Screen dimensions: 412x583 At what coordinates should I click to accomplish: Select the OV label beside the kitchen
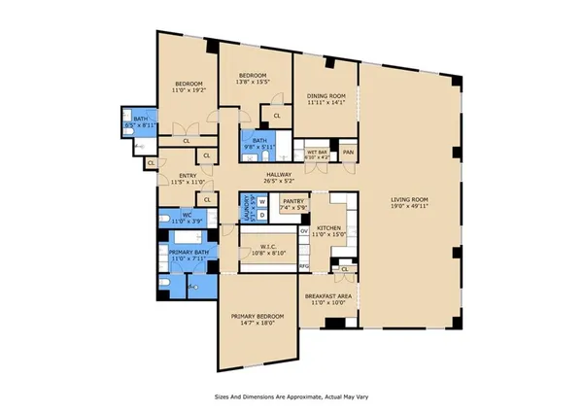(303, 231)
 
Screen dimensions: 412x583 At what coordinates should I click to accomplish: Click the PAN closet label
(346, 152)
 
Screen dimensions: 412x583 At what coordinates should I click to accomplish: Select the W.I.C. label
(266, 245)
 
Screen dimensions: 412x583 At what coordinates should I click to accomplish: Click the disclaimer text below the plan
(291, 396)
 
